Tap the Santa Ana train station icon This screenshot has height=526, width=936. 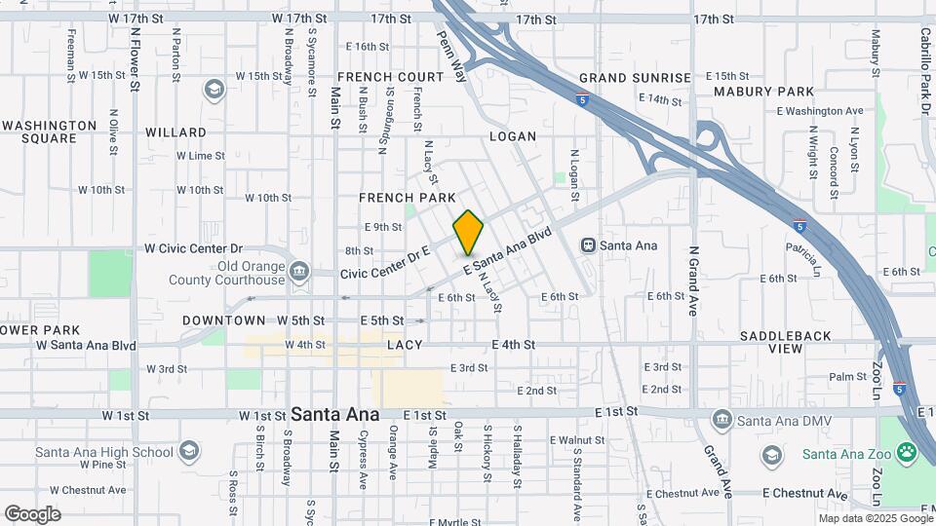point(589,244)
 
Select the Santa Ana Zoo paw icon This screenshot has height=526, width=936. point(907,453)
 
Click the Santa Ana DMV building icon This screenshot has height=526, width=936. point(721,421)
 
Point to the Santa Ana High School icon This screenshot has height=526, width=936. point(188,451)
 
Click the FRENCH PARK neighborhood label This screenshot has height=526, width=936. point(401,198)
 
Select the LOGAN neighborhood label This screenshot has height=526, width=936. point(513,136)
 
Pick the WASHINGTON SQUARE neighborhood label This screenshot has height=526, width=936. point(49,131)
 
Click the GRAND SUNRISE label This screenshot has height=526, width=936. point(635,78)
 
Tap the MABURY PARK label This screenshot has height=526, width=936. point(763,92)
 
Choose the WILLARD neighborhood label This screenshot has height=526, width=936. point(175,131)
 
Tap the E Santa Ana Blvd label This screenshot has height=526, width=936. point(508,252)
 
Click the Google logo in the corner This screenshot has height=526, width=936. point(32,513)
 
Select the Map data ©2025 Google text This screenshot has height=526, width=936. point(875,518)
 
